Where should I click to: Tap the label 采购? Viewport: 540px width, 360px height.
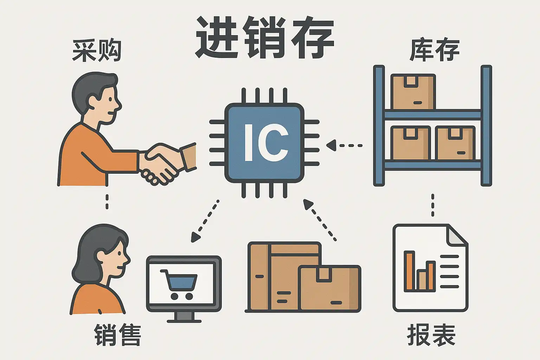[97, 51]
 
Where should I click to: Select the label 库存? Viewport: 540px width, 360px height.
[435, 50]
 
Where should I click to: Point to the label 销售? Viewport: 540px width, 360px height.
[117, 335]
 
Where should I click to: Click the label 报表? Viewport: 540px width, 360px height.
[431, 335]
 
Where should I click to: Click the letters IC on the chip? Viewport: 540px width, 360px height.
[266, 143]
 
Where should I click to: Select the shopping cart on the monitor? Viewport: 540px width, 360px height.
[179, 283]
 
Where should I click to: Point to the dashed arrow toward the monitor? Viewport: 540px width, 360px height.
[205, 222]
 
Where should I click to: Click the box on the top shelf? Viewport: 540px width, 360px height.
[413, 92]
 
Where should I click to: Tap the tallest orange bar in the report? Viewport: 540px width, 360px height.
[409, 271]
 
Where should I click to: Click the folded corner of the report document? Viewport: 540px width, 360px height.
[457, 235]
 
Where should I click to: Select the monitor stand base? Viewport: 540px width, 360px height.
[184, 320]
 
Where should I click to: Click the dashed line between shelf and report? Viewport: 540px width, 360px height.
[432, 205]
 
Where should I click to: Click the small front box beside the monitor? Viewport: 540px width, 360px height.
[330, 288]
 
